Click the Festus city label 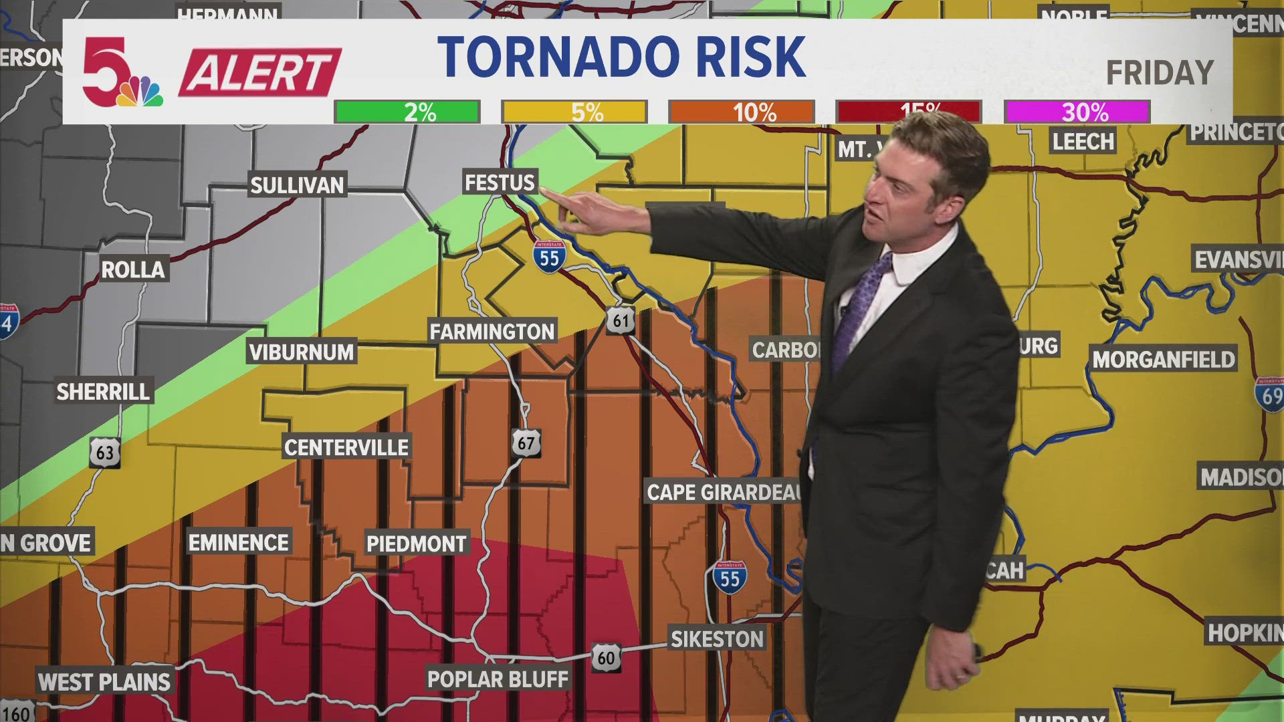click(500, 183)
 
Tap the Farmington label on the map click(492, 332)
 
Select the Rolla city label click(132, 269)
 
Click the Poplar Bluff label click(498, 679)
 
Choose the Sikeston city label click(717, 639)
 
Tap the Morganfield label click(1164, 360)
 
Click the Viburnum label click(301, 352)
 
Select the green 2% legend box click(407, 112)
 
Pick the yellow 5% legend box click(574, 112)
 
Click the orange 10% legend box click(741, 112)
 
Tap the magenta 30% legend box click(1077, 112)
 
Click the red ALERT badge click(259, 72)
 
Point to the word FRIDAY click(1159, 73)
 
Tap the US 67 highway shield click(526, 443)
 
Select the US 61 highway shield click(621, 321)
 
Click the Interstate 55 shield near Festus click(549, 256)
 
